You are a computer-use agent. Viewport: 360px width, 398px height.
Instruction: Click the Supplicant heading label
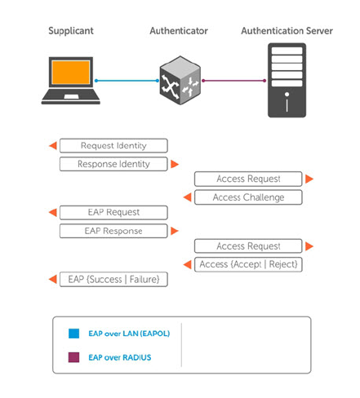pyautogui.click(x=71, y=31)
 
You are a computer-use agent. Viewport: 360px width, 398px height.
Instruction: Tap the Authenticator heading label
pyautogui.click(x=179, y=31)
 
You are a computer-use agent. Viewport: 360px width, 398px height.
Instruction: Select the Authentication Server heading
pyautogui.click(x=287, y=31)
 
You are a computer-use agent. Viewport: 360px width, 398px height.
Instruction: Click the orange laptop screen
pyautogui.click(x=71, y=72)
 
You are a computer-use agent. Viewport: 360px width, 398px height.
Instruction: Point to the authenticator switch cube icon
pyautogui.click(x=180, y=81)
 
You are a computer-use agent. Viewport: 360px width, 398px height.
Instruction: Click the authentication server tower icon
pyautogui.click(x=287, y=80)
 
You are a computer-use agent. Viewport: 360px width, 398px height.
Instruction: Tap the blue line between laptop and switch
pyautogui.click(x=127, y=81)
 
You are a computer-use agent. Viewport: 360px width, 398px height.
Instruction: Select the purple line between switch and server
pyautogui.click(x=234, y=81)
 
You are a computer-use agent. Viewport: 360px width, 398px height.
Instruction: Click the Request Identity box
pyautogui.click(x=113, y=146)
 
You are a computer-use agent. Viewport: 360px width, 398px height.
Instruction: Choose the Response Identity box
pyautogui.click(x=113, y=164)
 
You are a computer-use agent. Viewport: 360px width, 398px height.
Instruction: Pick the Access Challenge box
pyautogui.click(x=248, y=197)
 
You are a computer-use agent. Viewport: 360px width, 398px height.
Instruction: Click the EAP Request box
pyautogui.click(x=113, y=212)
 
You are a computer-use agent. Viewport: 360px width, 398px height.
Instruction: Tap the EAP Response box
pyautogui.click(x=113, y=231)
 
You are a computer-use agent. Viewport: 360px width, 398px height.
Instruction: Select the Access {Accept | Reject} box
pyautogui.click(x=248, y=264)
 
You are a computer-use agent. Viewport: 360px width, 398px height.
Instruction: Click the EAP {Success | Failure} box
pyautogui.click(x=113, y=279)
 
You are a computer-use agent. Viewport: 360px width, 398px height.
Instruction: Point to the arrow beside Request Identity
pyautogui.click(x=53, y=145)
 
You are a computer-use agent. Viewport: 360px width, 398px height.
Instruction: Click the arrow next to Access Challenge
pyautogui.click(x=188, y=197)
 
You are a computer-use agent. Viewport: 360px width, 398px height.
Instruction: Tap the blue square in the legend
pyautogui.click(x=73, y=334)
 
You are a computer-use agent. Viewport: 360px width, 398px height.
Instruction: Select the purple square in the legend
pyautogui.click(x=73, y=357)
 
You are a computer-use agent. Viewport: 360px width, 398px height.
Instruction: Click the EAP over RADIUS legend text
pyautogui.click(x=120, y=357)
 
